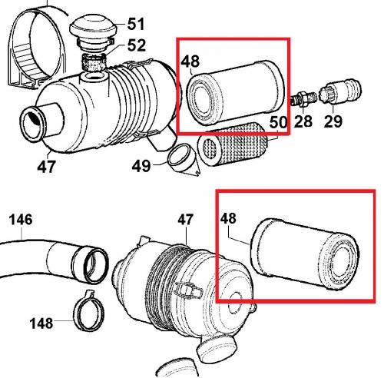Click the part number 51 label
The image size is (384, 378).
pos(136,24)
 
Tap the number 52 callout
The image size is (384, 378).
pos(137,45)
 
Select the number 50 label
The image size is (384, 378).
pos(278,122)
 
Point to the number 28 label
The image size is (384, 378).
pos(303,121)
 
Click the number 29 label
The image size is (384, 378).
pos(333,121)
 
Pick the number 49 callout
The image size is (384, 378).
pos(141,165)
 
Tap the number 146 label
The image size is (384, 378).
pos(21,220)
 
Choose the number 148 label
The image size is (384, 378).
pos(41,323)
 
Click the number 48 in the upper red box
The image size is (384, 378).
pos(190,61)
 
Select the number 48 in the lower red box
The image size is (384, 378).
pos(228,218)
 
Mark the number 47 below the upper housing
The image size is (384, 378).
pos(46,167)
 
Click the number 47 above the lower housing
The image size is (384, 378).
pos(185,220)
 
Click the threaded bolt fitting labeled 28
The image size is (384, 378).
pos(304,98)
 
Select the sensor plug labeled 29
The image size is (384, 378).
pos(340,91)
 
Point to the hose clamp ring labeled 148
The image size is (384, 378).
pos(89,310)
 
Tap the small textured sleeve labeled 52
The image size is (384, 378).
pos(94,62)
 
